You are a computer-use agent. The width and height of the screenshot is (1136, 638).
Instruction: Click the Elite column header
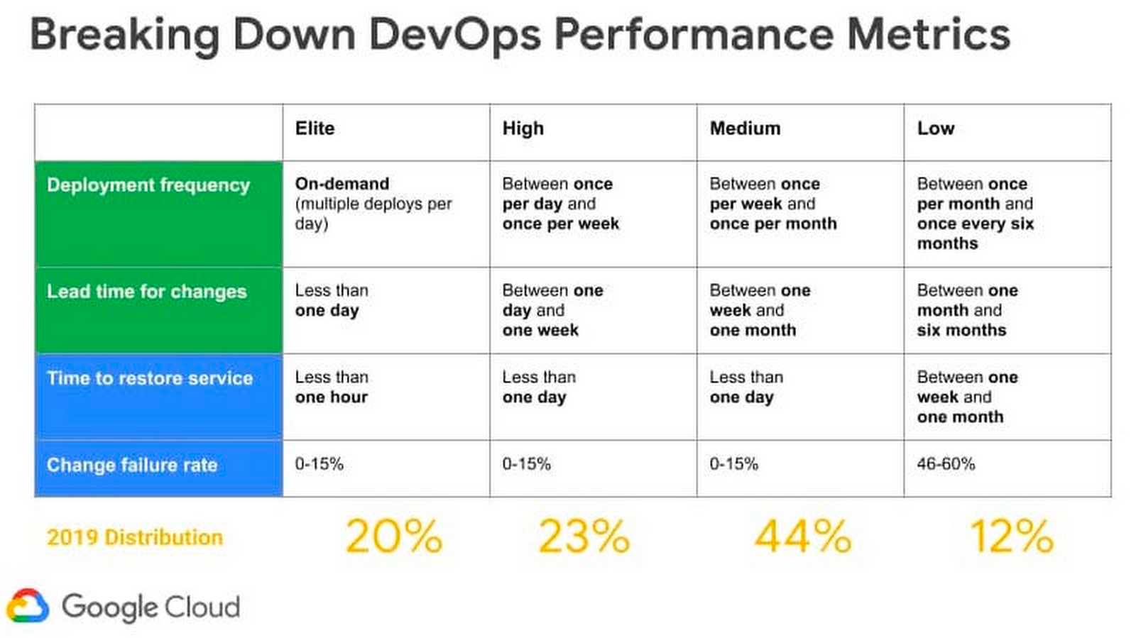(x=315, y=128)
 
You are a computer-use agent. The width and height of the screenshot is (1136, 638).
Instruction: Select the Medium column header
(x=745, y=128)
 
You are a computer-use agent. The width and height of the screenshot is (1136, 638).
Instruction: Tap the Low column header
(x=935, y=128)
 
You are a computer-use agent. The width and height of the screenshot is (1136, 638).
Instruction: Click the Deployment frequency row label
(x=148, y=185)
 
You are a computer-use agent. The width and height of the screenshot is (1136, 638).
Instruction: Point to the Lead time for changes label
(x=147, y=292)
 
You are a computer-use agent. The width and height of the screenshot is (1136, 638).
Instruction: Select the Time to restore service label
(x=150, y=378)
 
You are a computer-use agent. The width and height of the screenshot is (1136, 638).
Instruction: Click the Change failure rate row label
(x=132, y=466)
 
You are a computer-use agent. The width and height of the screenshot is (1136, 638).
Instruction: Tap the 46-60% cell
(x=946, y=464)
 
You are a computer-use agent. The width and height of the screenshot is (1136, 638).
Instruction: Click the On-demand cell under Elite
(x=373, y=204)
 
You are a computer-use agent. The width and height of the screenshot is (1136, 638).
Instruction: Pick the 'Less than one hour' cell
(x=332, y=387)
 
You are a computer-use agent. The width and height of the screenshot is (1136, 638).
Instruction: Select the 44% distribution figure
(x=803, y=537)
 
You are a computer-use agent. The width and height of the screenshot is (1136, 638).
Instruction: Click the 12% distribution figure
(x=1011, y=537)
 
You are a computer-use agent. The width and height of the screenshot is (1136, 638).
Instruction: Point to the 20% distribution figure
(x=394, y=537)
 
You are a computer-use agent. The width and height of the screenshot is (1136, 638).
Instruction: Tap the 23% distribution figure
(x=584, y=537)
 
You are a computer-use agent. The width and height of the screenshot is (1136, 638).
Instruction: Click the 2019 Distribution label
(x=135, y=538)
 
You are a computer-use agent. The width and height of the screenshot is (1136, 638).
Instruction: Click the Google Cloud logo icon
(x=28, y=607)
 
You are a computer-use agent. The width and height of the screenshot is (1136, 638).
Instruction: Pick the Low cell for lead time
(x=967, y=311)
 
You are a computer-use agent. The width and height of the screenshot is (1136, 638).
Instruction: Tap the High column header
(x=523, y=128)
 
